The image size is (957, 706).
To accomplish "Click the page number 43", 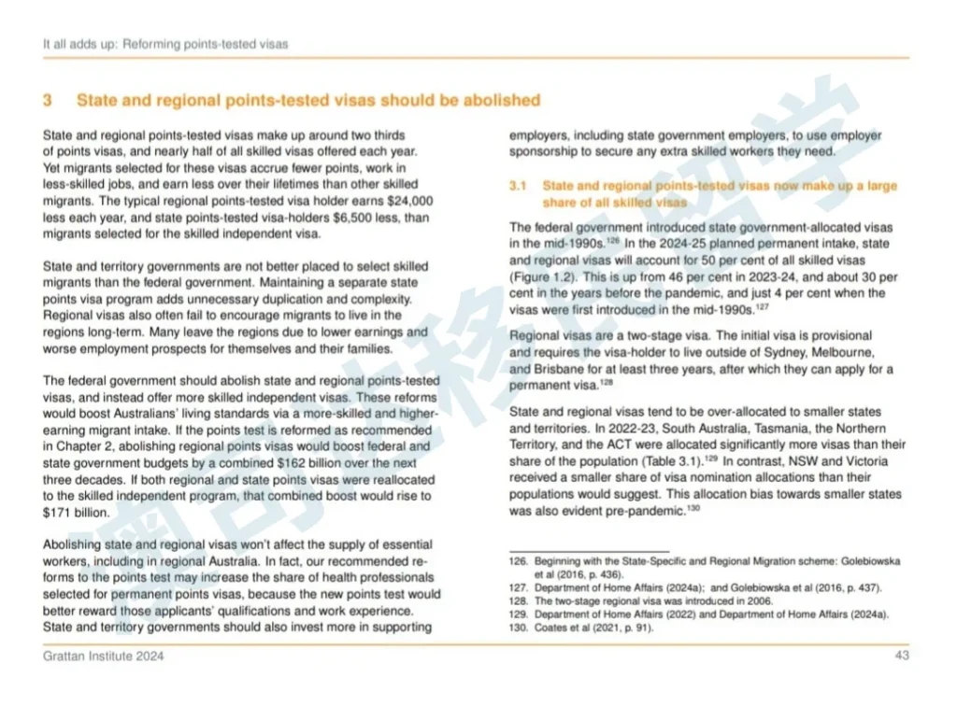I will click(x=902, y=656).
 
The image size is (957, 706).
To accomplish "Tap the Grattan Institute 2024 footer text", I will click(x=104, y=656).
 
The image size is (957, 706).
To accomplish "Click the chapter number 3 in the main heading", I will click(x=48, y=100).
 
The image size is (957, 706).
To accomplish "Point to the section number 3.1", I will click(x=519, y=186).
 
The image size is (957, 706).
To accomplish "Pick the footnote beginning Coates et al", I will click(x=591, y=628).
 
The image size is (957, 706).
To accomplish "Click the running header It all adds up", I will click(x=79, y=44).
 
